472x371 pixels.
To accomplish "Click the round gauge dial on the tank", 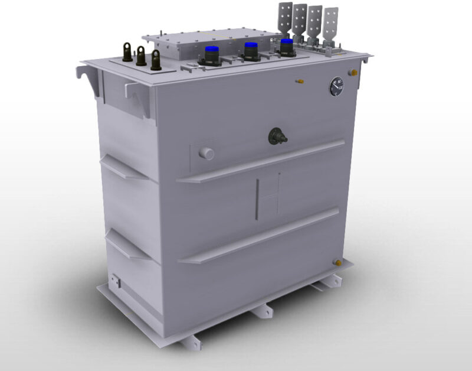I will (x=336, y=87).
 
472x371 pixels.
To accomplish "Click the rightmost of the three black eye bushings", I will (x=156, y=60).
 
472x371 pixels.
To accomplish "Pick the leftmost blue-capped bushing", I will (x=211, y=54).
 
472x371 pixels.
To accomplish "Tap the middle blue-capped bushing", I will (x=251, y=50).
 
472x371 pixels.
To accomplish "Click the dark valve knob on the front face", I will (x=276, y=136).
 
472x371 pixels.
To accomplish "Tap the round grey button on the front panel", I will (x=206, y=154).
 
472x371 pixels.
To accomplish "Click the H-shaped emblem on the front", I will (x=268, y=196).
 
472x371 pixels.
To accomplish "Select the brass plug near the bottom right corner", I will (x=338, y=262).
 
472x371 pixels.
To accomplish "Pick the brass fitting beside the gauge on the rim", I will (x=353, y=72).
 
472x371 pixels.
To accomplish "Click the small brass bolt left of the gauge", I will (x=300, y=80).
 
